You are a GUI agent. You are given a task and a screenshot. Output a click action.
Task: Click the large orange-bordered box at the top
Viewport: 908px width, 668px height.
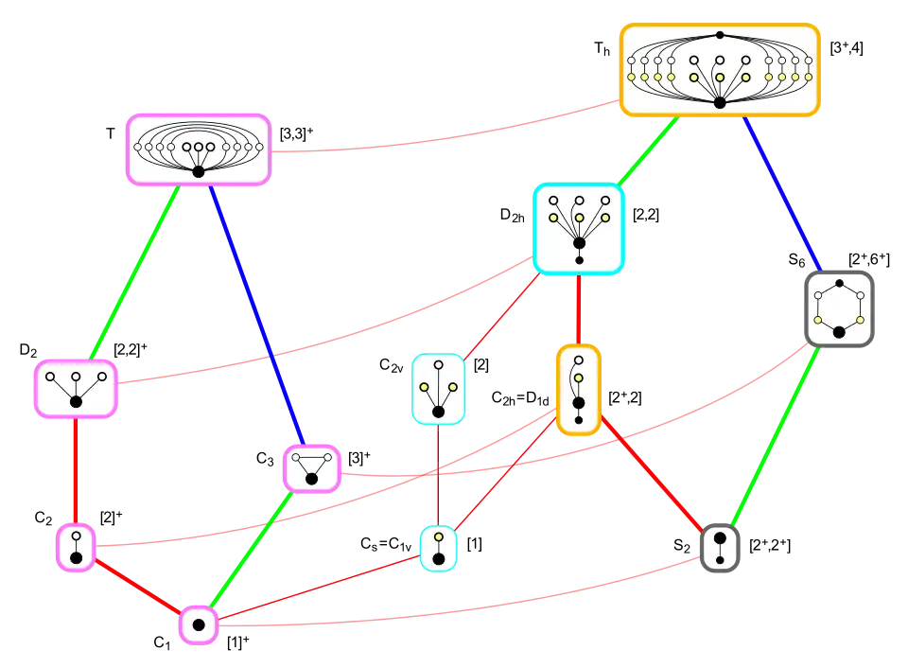click(x=719, y=70)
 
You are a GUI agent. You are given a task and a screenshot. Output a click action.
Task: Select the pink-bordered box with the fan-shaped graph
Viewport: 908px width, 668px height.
click(x=199, y=149)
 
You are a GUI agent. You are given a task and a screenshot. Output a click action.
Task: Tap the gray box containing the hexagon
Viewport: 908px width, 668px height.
click(x=839, y=308)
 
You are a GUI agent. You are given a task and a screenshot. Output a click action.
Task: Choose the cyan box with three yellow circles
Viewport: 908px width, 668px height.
click(x=579, y=228)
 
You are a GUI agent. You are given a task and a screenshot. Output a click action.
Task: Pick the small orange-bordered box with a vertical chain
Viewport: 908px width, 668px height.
click(x=578, y=390)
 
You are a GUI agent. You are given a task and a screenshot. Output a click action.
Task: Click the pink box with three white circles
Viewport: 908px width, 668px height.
click(x=76, y=388)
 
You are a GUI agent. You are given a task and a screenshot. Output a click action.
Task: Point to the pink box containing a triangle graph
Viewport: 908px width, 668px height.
click(x=311, y=468)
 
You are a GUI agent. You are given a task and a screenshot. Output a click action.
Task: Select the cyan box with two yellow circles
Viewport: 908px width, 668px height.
click(x=438, y=389)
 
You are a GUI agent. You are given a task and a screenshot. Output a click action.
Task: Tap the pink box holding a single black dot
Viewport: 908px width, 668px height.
click(x=199, y=624)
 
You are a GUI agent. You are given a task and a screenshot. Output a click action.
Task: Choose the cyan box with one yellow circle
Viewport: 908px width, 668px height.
click(x=439, y=548)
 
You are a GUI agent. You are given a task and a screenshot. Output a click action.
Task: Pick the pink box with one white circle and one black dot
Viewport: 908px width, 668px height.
click(x=76, y=548)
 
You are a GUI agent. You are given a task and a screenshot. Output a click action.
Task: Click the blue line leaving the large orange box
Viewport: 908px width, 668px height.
click(x=781, y=193)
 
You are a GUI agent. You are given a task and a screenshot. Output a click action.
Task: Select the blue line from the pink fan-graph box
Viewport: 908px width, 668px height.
click(x=254, y=312)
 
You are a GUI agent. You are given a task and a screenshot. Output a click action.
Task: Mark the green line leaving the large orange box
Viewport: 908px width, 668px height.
click(x=649, y=150)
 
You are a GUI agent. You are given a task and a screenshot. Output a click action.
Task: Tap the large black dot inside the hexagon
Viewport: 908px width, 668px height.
click(x=839, y=331)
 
